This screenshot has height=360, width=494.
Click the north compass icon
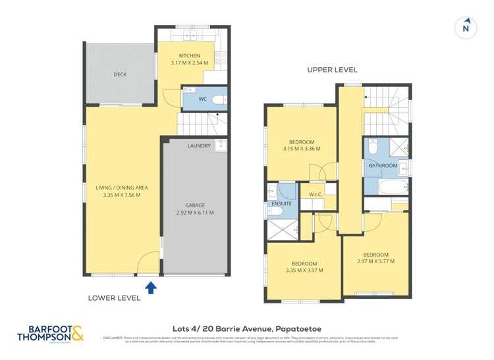(466, 27)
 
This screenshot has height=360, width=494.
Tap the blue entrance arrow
(151, 286)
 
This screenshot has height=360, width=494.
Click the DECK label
(120, 75)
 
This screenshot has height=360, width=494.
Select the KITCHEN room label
(189, 55)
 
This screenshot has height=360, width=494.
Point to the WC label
(203, 99)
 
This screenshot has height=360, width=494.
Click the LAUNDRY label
(199, 145)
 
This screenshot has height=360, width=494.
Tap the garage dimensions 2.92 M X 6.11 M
(195, 213)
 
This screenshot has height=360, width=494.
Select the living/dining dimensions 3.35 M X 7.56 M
(122, 195)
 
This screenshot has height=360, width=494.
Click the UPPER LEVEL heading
(332, 70)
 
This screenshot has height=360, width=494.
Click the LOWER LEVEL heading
(114, 297)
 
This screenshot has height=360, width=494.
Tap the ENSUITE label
(281, 204)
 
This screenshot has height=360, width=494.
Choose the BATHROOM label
(383, 166)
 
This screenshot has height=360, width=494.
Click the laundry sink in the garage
(220, 145)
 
